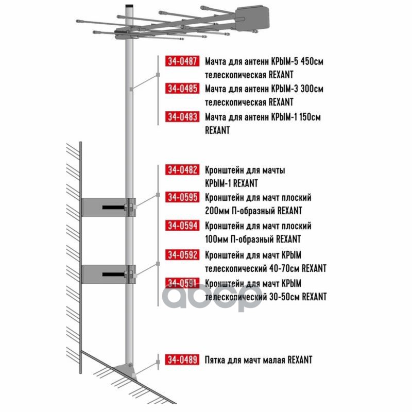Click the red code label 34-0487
pos(182,61)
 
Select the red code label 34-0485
pos(182,88)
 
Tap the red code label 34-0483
pos(182,116)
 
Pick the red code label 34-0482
pos(182,170)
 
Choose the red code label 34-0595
pos(182,197)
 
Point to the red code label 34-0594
pos(182,226)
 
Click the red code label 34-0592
pos(182,254)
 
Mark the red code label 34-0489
pos(182,359)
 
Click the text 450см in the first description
pos(312,61)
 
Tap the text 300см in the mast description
pos(312,89)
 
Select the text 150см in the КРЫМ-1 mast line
pos(310,117)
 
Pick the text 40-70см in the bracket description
pos(285,268)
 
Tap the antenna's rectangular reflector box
pos(252,18)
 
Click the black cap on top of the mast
pos(129,6)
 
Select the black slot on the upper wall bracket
pos(113,208)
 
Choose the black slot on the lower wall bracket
pos(113,274)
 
